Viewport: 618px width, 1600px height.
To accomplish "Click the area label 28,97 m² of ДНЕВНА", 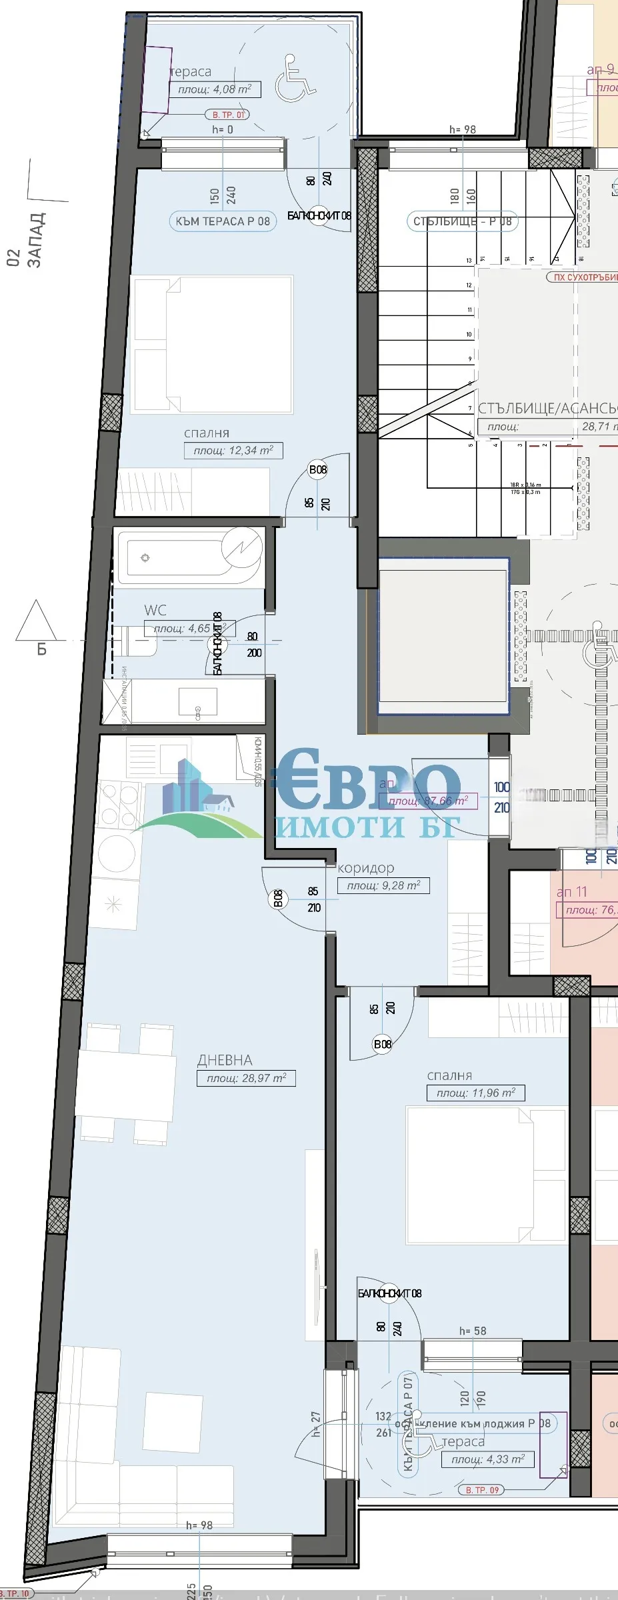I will tap(246, 1078).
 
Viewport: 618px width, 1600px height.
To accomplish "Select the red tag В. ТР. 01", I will tap(228, 115).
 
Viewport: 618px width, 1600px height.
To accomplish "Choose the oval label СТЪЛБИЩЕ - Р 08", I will tap(461, 221).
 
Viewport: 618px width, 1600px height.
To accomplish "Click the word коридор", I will tap(366, 868).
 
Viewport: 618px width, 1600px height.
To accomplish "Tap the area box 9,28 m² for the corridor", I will tap(383, 886).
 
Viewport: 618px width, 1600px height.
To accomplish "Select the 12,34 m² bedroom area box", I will tap(233, 451).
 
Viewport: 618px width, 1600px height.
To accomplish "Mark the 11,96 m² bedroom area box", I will tap(475, 1093).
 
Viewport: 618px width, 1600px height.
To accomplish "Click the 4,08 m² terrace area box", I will tap(214, 89).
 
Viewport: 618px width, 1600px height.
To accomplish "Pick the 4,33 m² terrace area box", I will tap(487, 1459).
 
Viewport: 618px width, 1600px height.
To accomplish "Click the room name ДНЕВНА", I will tap(225, 1060).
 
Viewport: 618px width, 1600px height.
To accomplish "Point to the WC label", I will tap(155, 610).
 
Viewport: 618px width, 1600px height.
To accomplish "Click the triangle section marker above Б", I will tap(36, 621).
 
